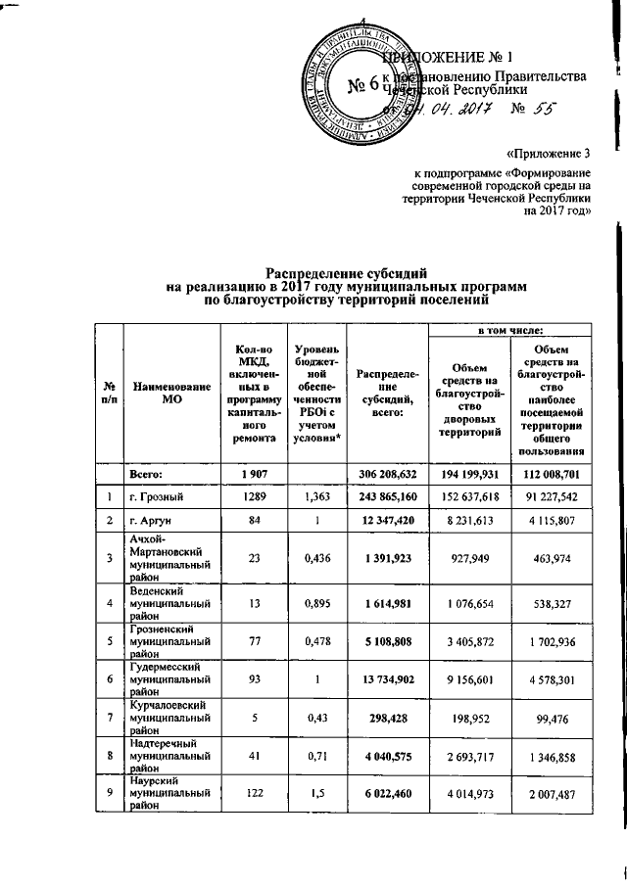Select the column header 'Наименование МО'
173,394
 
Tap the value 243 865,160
387,496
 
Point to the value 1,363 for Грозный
316,496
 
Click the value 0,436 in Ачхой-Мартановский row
316,569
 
